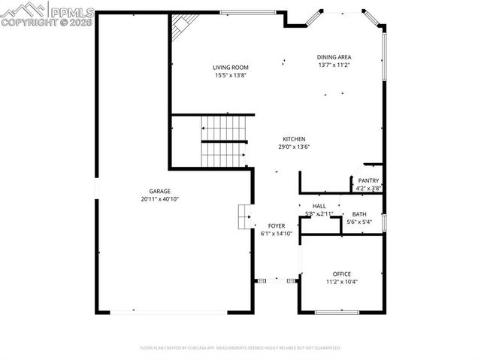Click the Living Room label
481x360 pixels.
230,68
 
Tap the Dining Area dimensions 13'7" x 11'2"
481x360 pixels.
334,65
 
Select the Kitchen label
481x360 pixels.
294,139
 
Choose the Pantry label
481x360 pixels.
368,180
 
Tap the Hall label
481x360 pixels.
319,205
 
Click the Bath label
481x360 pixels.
359,214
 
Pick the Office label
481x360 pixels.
342,274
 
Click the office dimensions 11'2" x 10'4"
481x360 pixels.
342,282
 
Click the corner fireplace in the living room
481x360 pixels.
180,28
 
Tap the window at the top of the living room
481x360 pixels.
247,12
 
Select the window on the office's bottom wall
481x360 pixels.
337,312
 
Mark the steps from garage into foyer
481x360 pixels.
244,216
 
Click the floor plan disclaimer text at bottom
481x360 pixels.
240,348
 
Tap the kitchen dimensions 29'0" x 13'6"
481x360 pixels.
294,147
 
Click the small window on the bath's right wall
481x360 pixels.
383,222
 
